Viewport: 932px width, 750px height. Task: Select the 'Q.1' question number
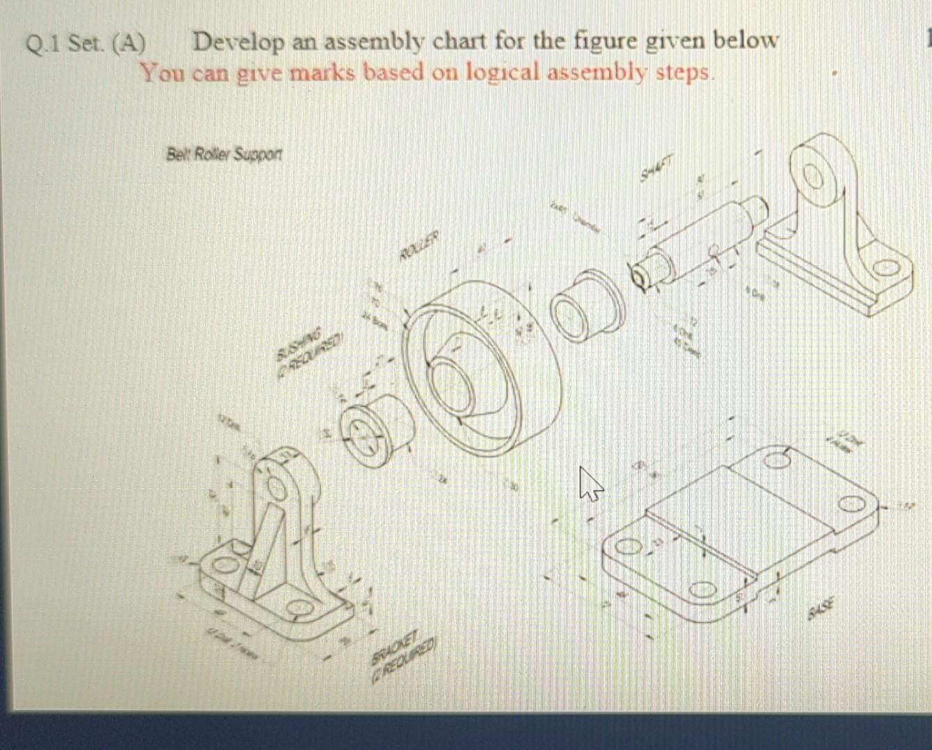[x=42, y=44]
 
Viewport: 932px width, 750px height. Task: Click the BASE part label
[x=821, y=610]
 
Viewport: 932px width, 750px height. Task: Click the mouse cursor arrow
[x=591, y=483]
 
